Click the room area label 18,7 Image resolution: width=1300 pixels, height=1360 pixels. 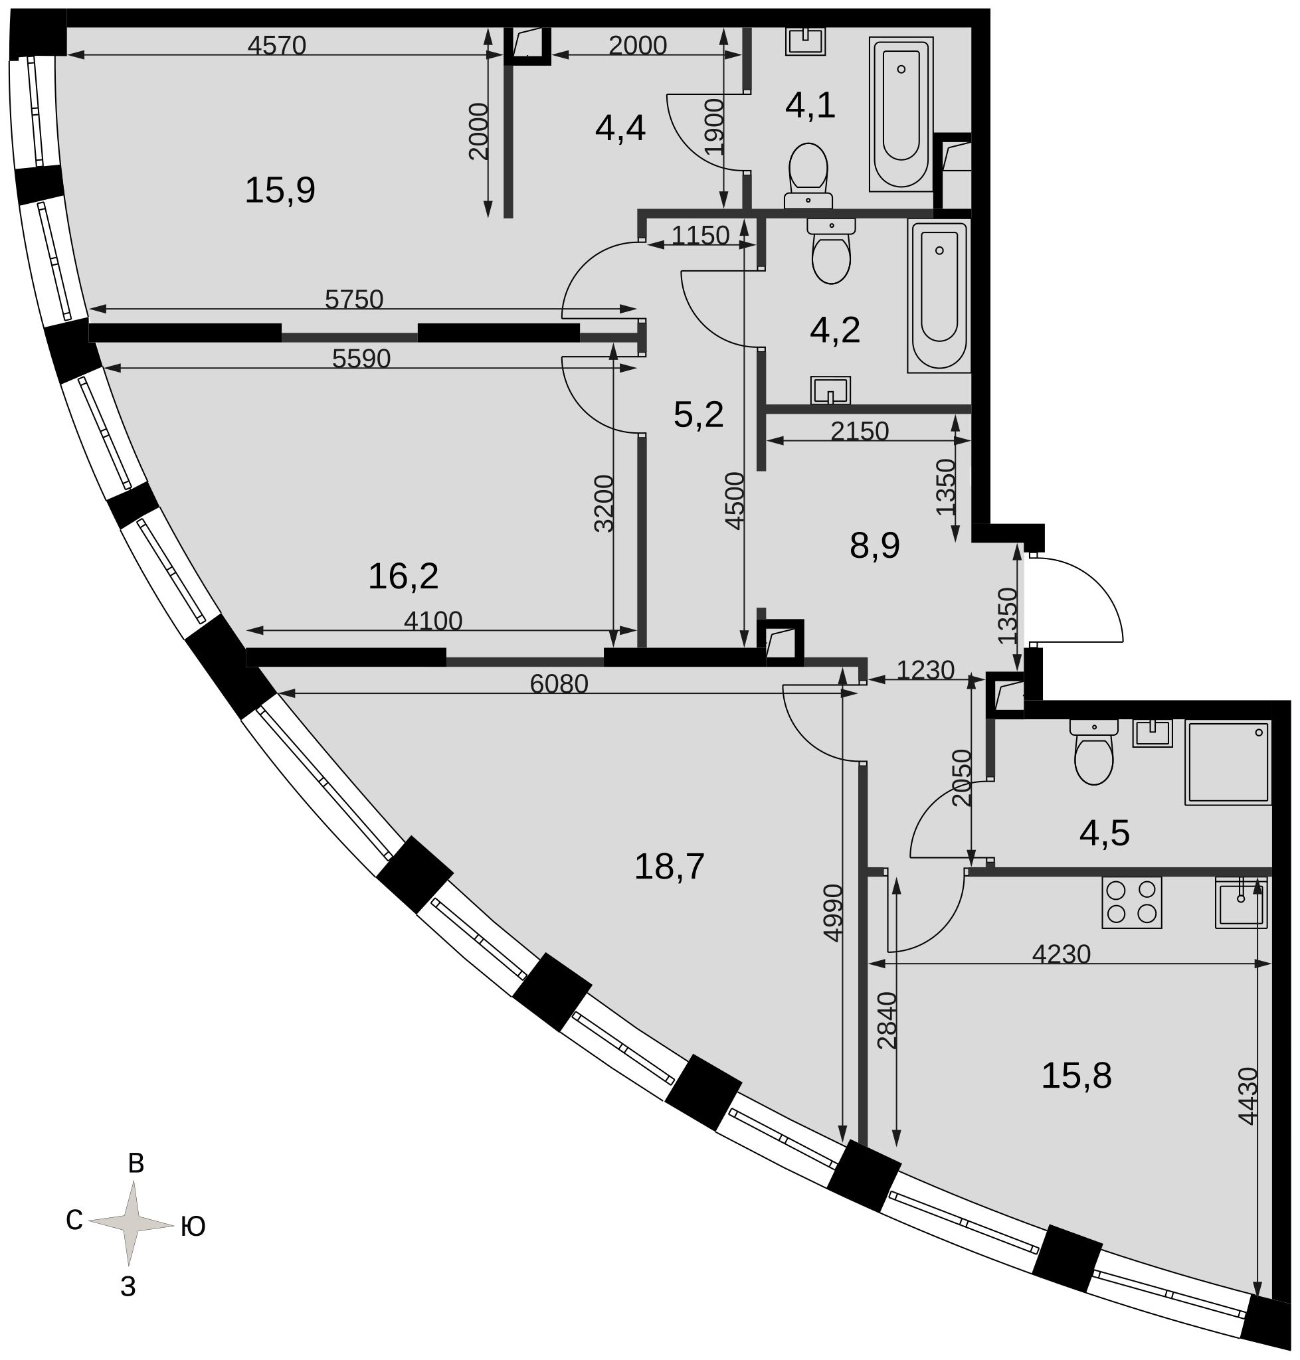point(670,867)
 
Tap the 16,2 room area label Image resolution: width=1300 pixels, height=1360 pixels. point(403,576)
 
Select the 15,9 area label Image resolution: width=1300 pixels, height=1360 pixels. point(280,190)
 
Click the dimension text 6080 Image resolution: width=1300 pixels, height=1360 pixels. point(559,684)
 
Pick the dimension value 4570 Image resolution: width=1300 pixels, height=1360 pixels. point(276,45)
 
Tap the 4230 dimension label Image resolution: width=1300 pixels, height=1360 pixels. point(1061,954)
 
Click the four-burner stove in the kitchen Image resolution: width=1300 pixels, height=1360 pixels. point(1132,902)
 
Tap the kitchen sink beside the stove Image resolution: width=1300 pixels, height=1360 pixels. point(1241,902)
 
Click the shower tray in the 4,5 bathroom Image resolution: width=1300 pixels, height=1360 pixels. point(1228,762)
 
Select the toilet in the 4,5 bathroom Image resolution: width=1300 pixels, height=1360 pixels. point(1093,752)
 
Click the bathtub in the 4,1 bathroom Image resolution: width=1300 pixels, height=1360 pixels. point(901,114)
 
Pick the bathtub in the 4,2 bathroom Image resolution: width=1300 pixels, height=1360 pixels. point(939,296)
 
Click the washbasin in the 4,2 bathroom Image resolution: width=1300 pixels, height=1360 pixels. point(830,390)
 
